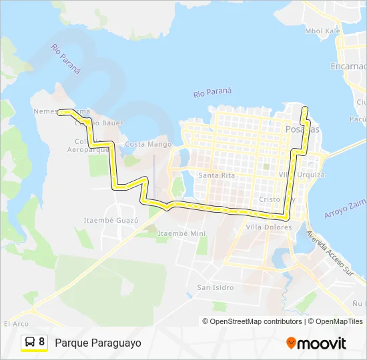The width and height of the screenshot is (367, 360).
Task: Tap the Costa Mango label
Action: [x=144, y=144]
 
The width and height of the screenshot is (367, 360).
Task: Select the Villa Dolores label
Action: [x=268, y=227]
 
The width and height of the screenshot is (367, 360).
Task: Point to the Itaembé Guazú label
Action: [x=111, y=220]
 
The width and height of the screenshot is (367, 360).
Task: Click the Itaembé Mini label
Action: [x=181, y=233]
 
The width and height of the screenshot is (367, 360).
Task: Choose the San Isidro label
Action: [x=215, y=288]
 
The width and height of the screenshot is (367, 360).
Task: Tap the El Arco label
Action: [x=15, y=324]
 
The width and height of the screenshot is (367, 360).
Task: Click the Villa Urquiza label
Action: [x=302, y=175]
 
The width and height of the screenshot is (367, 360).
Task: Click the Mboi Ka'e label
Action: [x=322, y=31]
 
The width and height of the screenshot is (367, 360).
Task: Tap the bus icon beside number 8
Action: [x=30, y=343]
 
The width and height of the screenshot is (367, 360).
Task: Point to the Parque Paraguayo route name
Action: [x=98, y=343]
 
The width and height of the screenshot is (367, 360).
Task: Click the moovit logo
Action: [x=316, y=343]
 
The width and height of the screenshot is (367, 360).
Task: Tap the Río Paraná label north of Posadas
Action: [x=212, y=93]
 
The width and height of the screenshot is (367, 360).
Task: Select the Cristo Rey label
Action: [x=277, y=199]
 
